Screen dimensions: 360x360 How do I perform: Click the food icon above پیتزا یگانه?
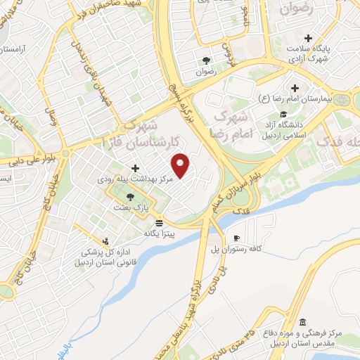coord(150,221)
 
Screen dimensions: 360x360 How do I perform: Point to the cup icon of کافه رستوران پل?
coord(237,238)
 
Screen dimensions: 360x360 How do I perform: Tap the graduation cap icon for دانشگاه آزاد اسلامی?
coord(283,114)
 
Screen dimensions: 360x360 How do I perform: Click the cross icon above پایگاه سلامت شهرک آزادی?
coord(308,37)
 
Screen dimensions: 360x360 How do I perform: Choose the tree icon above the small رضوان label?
coord(205,60)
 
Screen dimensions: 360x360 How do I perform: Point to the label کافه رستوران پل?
coord(264,248)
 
